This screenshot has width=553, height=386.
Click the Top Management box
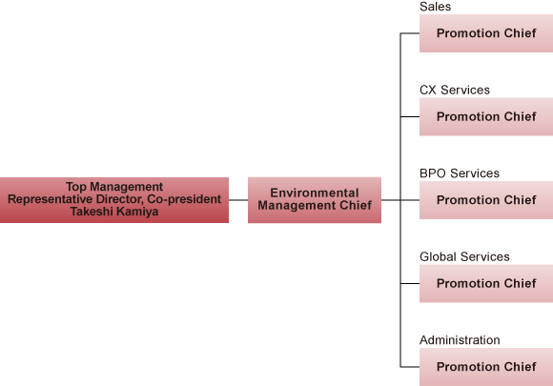tap(114, 200)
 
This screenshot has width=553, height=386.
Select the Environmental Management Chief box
tap(315, 200)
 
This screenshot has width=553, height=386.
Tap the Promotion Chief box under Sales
tap(486, 33)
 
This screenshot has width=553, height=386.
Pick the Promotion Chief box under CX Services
tap(486, 116)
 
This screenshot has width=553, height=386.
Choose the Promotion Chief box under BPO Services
tap(486, 200)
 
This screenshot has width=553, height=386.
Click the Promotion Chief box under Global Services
tap(486, 283)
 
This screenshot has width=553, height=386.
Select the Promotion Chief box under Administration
tap(486, 367)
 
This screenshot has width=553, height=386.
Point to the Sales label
tap(435, 7)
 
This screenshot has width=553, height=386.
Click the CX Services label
tap(455, 90)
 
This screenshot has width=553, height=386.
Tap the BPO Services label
tap(460, 173)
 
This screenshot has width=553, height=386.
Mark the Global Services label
tap(464, 256)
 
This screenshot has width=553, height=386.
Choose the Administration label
tap(460, 340)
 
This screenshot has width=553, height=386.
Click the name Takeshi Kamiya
tap(114, 212)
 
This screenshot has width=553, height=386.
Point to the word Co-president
tap(184, 199)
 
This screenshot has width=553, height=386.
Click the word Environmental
tap(315, 193)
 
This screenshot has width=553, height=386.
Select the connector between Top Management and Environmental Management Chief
tap(238, 200)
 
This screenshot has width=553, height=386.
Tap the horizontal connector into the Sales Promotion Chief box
tap(410, 33)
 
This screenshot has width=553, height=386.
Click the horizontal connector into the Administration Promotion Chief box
tap(410, 367)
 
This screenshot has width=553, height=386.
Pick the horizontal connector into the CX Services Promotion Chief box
tap(410, 116)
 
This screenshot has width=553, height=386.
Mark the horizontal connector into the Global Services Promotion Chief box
tap(410, 283)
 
